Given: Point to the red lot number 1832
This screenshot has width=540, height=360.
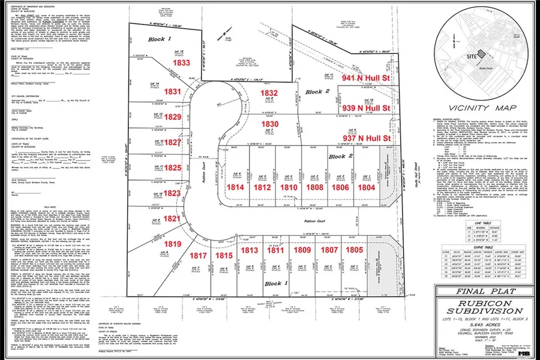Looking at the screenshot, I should click(x=269, y=93).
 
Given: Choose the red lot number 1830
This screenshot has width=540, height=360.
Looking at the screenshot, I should click(x=269, y=123).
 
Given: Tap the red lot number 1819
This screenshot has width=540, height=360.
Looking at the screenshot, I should click(x=173, y=244).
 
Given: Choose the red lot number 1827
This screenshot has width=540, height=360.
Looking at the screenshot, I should click(x=173, y=142).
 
